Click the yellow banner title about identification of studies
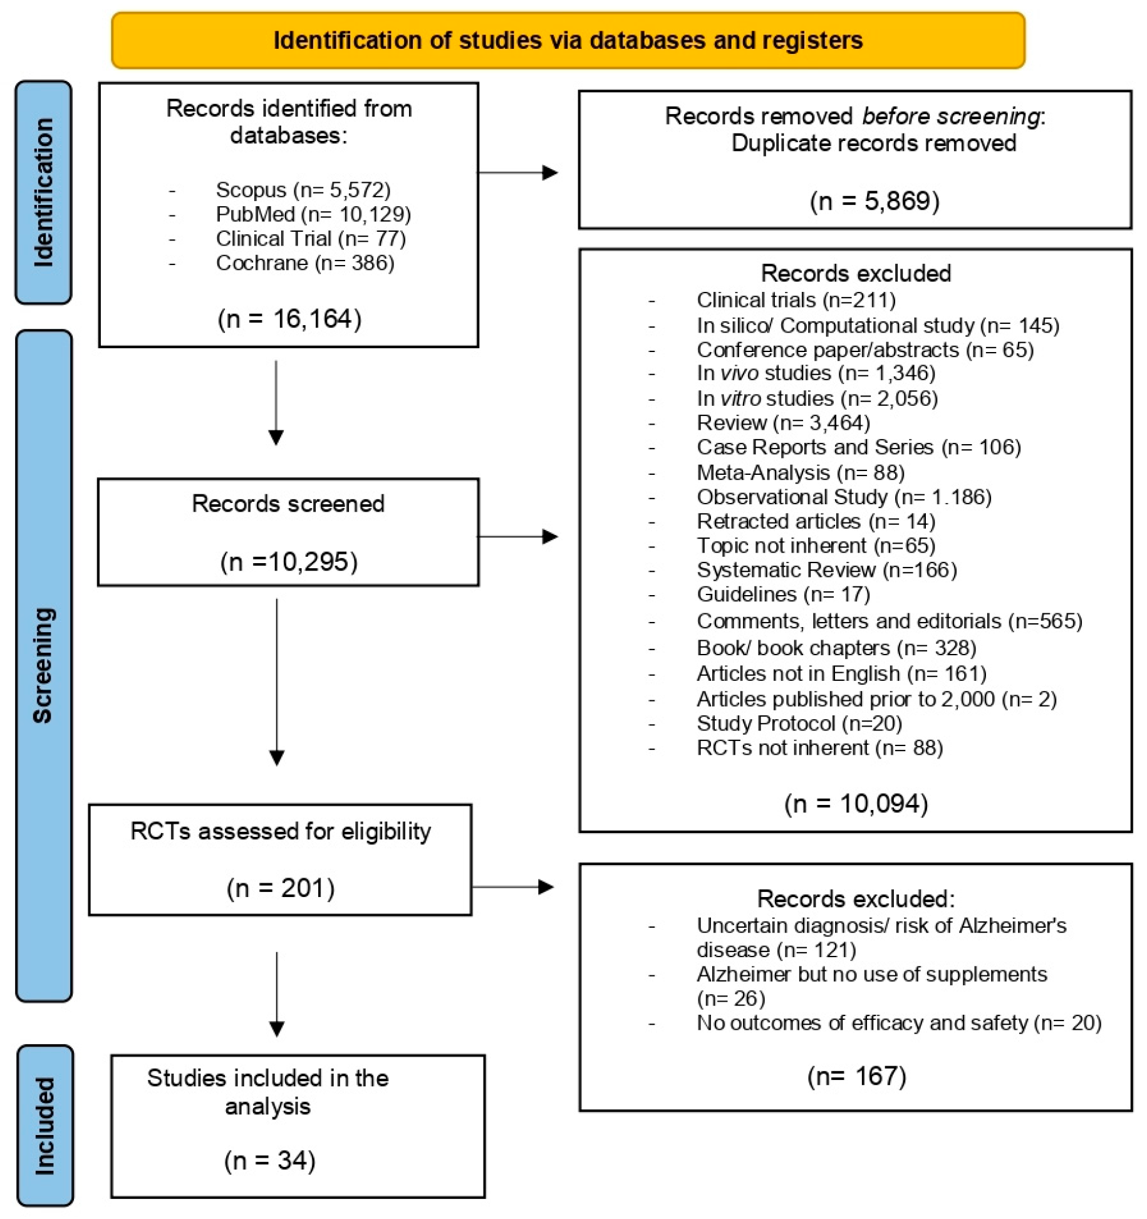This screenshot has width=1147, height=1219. click(x=568, y=40)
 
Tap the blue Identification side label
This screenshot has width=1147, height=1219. click(x=43, y=192)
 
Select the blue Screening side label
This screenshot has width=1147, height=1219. click(x=43, y=665)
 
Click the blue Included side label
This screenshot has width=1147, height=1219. click(x=44, y=1126)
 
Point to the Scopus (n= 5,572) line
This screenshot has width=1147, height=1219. click(x=303, y=190)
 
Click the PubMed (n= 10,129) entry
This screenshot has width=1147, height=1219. click(x=313, y=214)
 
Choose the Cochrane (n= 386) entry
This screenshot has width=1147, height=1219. click(x=304, y=263)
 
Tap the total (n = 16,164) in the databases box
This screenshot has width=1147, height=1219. click(x=289, y=319)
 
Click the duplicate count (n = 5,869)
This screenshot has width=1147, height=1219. click(x=875, y=201)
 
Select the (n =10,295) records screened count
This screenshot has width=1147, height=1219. click(x=289, y=562)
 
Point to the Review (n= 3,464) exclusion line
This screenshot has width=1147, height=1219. click(x=783, y=423)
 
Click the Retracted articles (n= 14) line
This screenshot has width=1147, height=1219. click(x=816, y=521)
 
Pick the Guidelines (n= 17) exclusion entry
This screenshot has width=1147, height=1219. click(x=783, y=594)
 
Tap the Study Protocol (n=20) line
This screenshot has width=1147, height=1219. click(x=799, y=724)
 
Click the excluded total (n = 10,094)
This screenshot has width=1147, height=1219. click(x=856, y=804)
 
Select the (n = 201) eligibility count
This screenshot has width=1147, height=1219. click(x=281, y=888)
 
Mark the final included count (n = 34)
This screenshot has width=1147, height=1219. click(x=270, y=1161)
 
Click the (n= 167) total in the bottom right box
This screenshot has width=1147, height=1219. click(x=856, y=1076)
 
